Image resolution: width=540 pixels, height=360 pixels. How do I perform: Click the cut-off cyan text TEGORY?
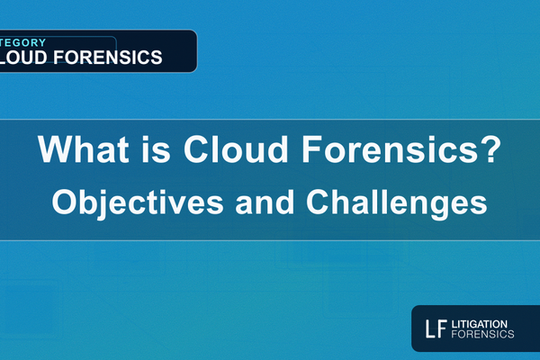coord(20,41)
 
